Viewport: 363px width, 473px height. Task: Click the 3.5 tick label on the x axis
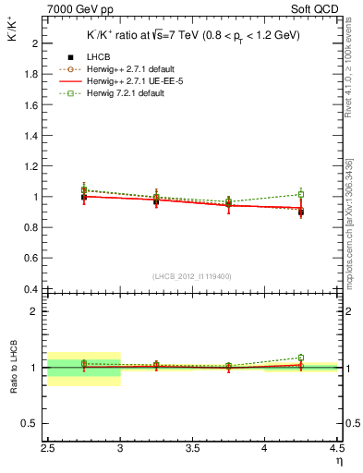(x=192, y=447)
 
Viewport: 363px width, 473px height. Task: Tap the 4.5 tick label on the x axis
(x=336, y=447)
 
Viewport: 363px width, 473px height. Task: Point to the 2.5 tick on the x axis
(x=48, y=447)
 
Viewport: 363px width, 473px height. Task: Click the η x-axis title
(x=338, y=460)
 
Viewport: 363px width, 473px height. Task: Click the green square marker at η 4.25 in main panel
(x=300, y=194)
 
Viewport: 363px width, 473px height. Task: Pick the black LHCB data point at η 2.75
(x=84, y=197)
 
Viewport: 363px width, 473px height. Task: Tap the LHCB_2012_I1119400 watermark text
(x=191, y=275)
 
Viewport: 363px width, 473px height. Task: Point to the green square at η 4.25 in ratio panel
(x=300, y=358)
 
